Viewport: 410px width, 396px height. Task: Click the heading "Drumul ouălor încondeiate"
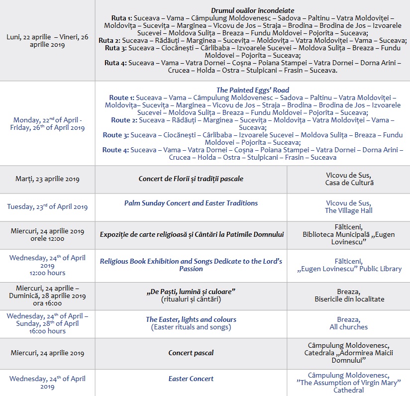point(252,10)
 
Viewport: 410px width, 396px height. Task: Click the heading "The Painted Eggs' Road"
point(252,90)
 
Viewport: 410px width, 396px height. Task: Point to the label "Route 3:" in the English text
point(115,135)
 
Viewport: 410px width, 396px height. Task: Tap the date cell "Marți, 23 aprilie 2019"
point(47,179)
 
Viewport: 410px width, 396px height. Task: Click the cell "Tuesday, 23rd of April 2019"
point(47,207)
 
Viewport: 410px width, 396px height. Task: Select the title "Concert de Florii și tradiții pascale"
point(191,179)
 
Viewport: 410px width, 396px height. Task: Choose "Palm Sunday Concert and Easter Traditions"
point(191,203)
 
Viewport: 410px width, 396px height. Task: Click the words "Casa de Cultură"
point(349,183)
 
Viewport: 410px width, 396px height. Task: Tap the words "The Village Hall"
point(348,210)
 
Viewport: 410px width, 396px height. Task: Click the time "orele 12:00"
point(47,239)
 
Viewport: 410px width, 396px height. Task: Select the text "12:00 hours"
point(47,273)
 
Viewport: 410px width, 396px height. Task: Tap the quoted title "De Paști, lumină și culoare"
point(191,291)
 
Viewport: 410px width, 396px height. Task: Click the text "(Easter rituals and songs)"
point(191,327)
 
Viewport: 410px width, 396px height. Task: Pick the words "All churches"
point(349,327)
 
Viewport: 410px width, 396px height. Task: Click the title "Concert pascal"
point(191,353)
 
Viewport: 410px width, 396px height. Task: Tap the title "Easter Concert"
point(191,379)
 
